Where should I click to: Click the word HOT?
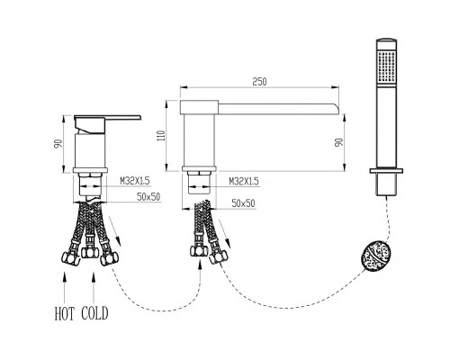pyautogui.click(x=64, y=313)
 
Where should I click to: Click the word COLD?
pyautogui.click(x=94, y=313)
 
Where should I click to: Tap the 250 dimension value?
pyautogui.click(x=259, y=82)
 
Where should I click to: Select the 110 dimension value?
pyautogui.click(x=161, y=136)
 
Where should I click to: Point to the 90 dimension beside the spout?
pyautogui.click(x=338, y=142)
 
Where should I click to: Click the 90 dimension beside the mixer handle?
pyautogui.click(x=58, y=143)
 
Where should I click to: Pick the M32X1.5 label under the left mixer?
pyautogui.click(x=135, y=181)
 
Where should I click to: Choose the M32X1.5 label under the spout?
pyautogui.click(x=244, y=181)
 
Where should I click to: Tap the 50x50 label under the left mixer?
pyautogui.click(x=148, y=197)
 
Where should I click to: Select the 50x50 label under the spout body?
pyautogui.click(x=243, y=203)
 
